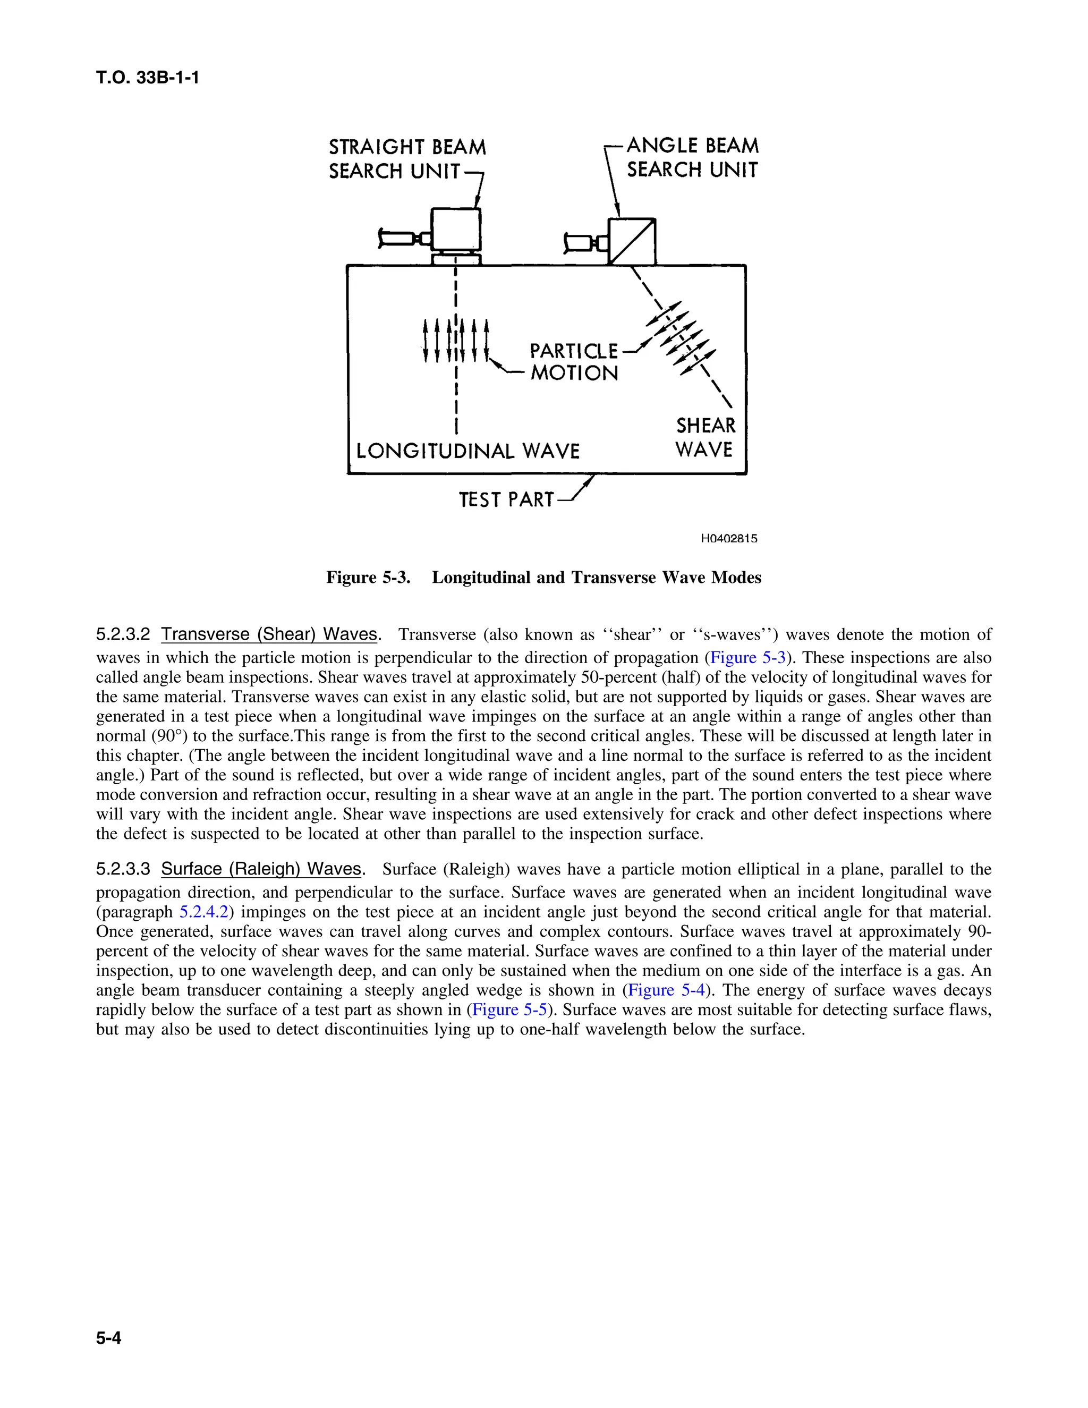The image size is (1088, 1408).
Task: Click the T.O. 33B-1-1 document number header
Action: (148, 78)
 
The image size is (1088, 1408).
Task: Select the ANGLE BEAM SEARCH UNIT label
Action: (692, 158)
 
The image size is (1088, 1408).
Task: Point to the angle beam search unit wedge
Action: (632, 241)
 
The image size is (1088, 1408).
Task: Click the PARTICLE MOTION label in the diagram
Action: (574, 362)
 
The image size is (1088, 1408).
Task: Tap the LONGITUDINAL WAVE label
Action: (468, 451)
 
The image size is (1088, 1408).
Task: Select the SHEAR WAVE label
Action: (705, 437)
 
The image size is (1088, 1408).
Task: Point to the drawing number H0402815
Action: (728, 538)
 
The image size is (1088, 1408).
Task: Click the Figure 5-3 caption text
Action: (543, 577)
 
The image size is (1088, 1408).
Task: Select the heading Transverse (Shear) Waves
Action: (269, 634)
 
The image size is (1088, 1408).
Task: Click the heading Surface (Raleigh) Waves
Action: (261, 869)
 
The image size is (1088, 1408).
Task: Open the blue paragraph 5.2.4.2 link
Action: (203, 912)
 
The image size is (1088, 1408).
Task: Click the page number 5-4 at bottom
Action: (108, 1339)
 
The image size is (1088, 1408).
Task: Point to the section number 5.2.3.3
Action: (123, 869)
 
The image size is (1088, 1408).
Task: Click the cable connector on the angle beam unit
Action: (584, 243)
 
